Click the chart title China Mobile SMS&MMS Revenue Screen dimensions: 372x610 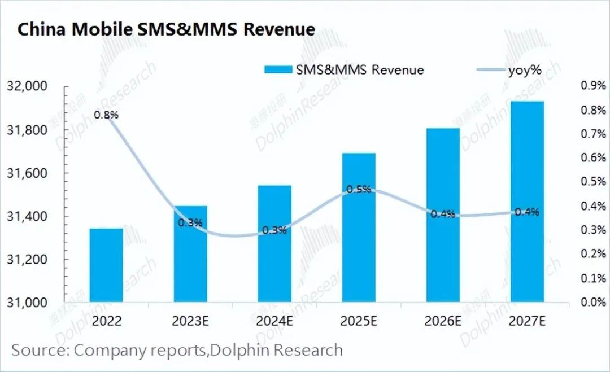tap(166, 29)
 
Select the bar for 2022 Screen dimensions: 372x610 tap(106, 265)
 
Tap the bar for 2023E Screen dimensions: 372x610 tap(190, 253)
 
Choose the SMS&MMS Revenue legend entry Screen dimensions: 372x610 tap(344, 69)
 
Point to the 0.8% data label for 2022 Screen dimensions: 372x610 tap(106, 115)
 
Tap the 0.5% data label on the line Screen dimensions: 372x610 tap(359, 189)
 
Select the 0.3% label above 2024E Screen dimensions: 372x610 tap(274, 230)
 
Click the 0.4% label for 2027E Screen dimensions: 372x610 tap(527, 212)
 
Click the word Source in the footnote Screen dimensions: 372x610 tap(38, 350)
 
